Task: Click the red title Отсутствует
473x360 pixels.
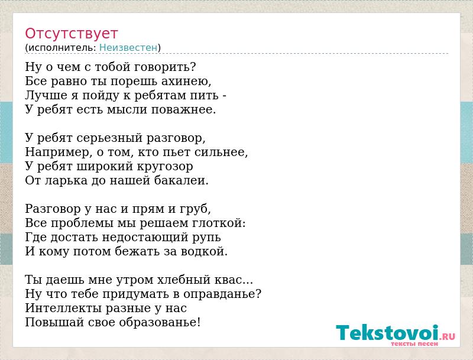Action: [x=71, y=34]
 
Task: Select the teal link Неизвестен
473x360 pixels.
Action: [x=128, y=47]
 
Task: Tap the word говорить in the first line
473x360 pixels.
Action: [x=162, y=67]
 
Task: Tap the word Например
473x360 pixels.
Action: [x=57, y=153]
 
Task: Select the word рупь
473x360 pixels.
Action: [x=206, y=238]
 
